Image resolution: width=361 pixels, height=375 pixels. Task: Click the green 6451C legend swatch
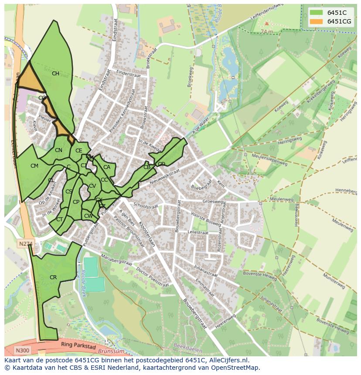[317, 12]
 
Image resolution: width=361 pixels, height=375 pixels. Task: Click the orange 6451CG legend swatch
[317, 21]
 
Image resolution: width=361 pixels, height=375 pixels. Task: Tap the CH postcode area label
[55, 74]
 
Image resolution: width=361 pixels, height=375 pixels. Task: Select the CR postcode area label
[53, 277]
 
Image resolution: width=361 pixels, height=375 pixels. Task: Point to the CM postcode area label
[34, 166]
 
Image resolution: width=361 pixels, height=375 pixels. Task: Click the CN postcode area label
[58, 150]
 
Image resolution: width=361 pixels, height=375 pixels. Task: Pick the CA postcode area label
[107, 167]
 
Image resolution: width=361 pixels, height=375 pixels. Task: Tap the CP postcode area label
[76, 202]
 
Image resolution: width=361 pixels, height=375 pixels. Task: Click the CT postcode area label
[59, 220]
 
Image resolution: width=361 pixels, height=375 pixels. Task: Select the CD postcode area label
[161, 164]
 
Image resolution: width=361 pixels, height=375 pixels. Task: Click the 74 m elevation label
[266, 32]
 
